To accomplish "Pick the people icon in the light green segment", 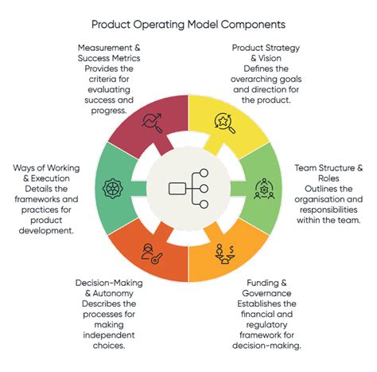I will click(262, 189).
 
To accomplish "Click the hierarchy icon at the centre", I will click(188, 189).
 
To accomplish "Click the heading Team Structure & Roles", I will click(329, 174).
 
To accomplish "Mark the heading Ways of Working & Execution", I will click(46, 174).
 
